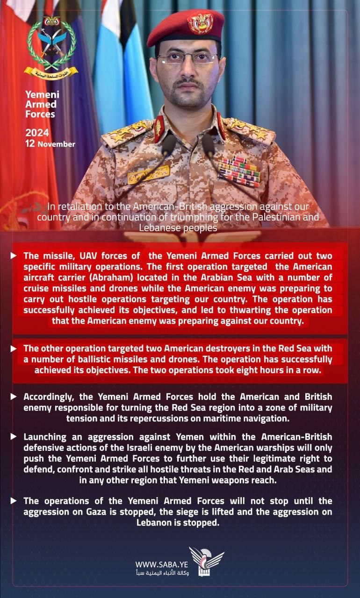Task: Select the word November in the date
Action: tap(56, 144)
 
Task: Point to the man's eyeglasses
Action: tap(187, 59)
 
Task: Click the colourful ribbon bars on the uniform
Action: tap(239, 171)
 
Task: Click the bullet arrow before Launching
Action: tap(14, 436)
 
